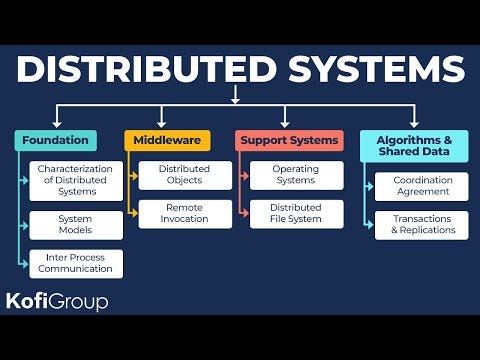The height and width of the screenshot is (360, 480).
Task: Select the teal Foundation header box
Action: pos(56,140)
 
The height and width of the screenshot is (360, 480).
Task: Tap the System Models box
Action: pos(76,225)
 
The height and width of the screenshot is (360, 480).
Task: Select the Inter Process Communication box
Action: pos(76,263)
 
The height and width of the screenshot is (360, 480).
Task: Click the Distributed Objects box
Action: pos(185,176)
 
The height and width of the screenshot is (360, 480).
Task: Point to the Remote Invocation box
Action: pos(185,213)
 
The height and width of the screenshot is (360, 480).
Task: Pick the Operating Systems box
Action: pos(296,176)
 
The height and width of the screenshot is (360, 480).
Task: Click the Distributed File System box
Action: pos(296,213)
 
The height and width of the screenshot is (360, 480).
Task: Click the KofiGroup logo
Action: pos(57,300)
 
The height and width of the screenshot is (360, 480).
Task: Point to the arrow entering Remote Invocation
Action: pos(133,213)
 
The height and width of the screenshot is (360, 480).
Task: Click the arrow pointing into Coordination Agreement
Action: pos(372,187)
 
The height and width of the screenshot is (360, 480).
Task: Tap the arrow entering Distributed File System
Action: pos(244,213)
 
